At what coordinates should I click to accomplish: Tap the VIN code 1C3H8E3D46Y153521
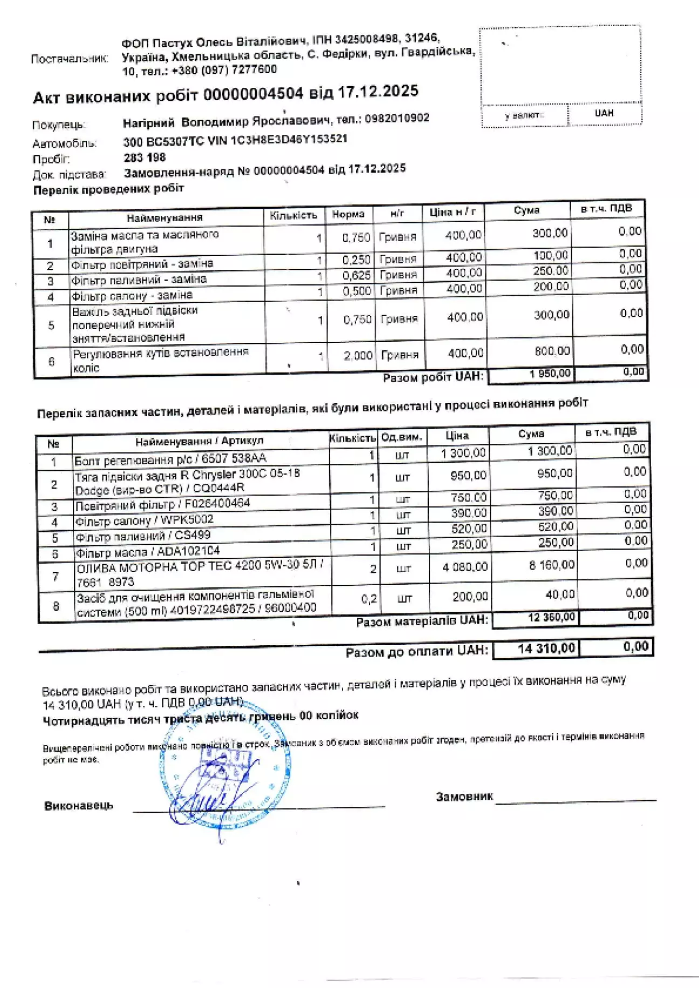289,139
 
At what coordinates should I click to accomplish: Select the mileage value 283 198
145,157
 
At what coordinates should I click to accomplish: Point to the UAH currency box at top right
604,113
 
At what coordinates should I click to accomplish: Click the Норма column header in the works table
348,215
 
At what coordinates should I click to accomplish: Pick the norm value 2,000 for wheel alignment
358,355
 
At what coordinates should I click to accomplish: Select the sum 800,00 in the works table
552,351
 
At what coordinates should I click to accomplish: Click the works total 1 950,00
551,373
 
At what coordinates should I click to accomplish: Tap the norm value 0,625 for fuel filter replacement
357,275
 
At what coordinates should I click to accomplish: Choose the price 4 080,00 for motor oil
464,567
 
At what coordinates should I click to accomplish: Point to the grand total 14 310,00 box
546,648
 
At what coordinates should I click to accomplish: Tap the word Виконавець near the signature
79,806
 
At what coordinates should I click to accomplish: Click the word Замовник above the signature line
464,797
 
